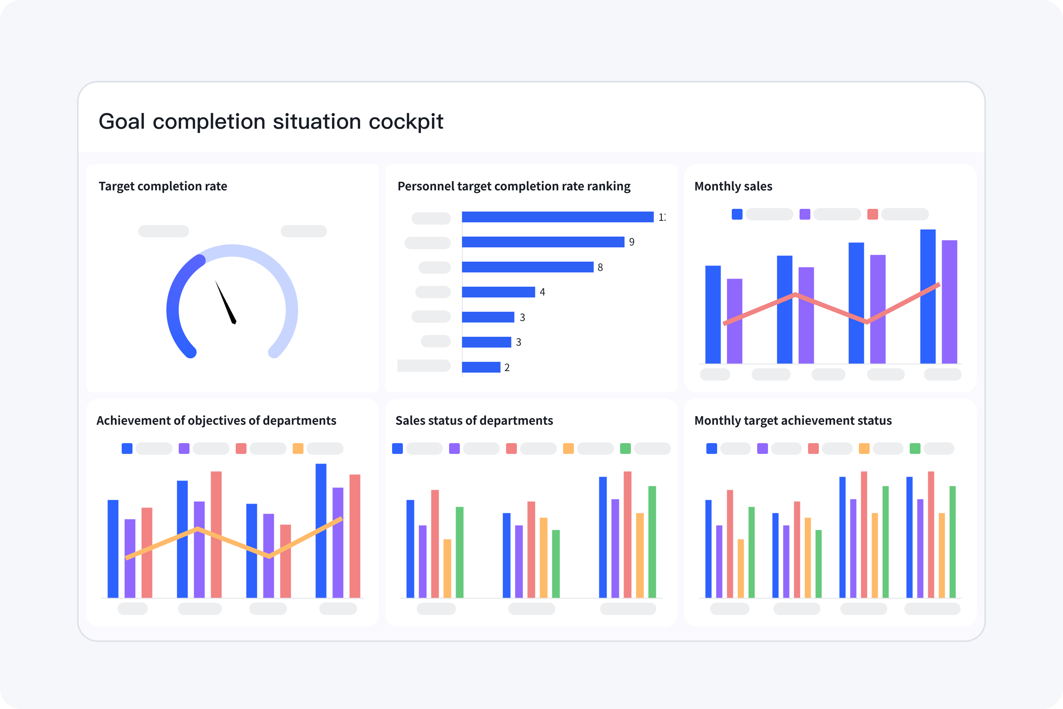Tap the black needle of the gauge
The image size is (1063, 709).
pos(226,302)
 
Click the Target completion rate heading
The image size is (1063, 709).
pos(163,186)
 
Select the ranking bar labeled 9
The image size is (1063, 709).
pos(542,242)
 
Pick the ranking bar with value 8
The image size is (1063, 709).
pos(527,267)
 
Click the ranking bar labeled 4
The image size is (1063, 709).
pos(498,292)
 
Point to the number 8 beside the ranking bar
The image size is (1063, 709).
pos(600,268)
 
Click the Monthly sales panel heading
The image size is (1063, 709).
pos(733,186)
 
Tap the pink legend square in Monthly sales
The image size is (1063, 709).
pos(872,214)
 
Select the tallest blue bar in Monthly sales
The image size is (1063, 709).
pos(927,296)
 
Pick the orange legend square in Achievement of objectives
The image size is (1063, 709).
pos(298,449)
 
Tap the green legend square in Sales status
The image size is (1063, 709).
pos(625,449)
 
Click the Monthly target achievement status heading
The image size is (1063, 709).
pos(793,420)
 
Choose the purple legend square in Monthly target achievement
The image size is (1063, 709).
pos(762,449)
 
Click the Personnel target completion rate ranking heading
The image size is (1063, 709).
pos(514,186)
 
